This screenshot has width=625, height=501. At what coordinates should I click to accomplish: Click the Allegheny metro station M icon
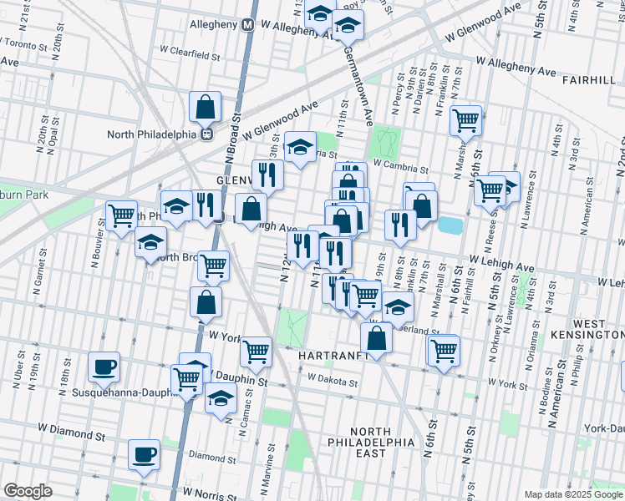[248, 25]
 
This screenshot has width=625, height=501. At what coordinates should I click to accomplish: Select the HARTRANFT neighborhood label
[328, 357]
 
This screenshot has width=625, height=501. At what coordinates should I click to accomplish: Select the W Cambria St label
[400, 163]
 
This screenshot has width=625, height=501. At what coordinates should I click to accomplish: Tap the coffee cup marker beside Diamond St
[144, 455]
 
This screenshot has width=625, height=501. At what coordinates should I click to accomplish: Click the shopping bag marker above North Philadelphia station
[205, 107]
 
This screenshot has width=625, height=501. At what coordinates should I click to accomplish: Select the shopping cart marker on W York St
[256, 351]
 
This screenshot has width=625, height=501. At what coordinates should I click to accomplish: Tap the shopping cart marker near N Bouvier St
[121, 215]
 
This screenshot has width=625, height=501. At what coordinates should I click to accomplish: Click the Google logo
[28, 491]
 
